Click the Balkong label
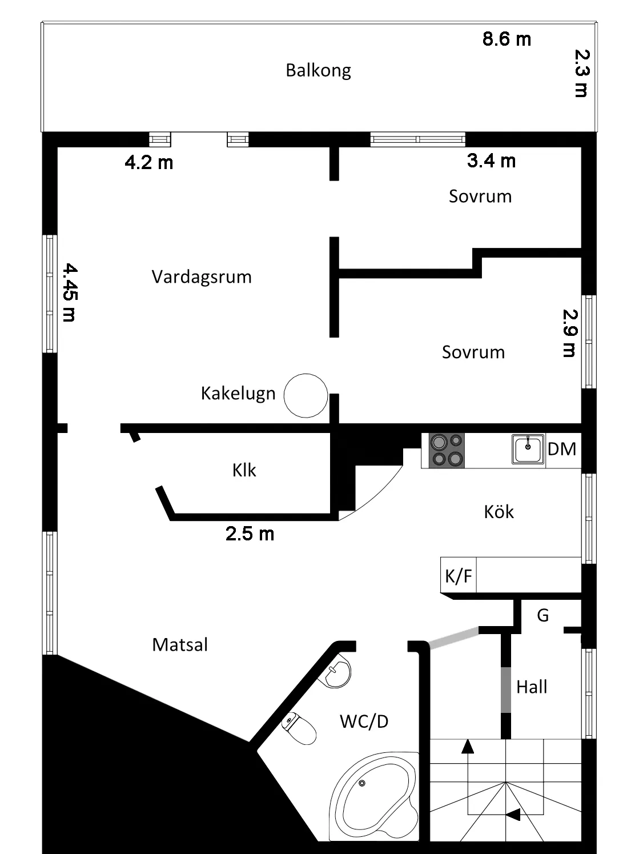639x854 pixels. pos(318,70)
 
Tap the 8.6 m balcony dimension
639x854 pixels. pos(507,39)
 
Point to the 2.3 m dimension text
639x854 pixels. pos(581,73)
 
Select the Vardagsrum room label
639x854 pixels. pos(202,277)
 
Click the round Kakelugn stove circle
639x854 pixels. pos(306,395)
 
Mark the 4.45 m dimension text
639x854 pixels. pos(69,292)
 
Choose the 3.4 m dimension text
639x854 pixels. pos(491,161)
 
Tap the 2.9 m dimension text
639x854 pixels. pos(570,333)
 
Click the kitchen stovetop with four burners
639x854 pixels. pos(443,450)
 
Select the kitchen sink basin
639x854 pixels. pos(528,450)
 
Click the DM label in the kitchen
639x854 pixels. pos(562,449)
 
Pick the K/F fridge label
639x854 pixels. pos(458,576)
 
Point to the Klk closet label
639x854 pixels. pos(244,470)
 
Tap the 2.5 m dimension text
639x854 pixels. pos(250,534)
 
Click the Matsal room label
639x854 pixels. pos(180,645)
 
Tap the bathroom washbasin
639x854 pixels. pos(339,673)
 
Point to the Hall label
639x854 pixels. pos(532,687)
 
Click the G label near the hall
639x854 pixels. pos(542,615)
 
